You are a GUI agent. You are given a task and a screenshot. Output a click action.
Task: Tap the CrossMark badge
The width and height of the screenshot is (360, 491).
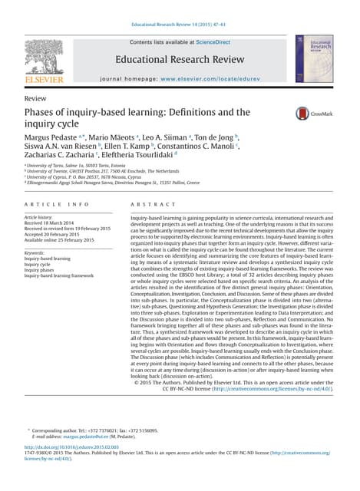pos(313,114)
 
